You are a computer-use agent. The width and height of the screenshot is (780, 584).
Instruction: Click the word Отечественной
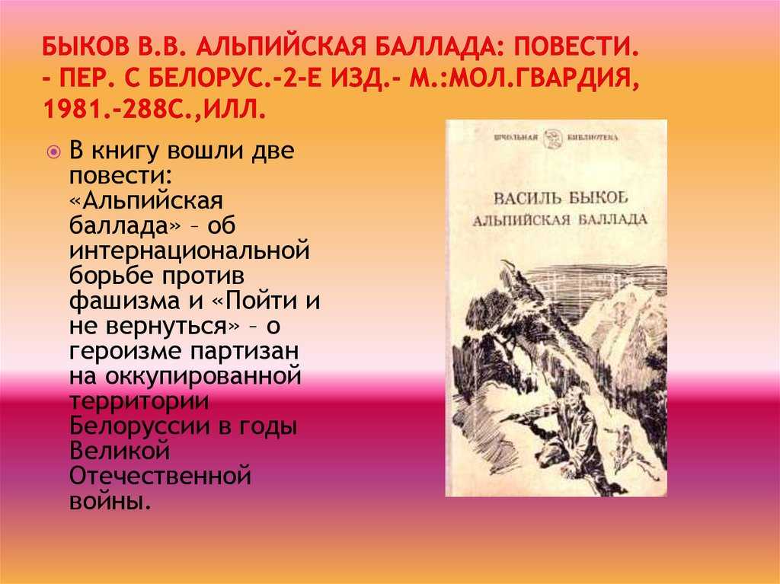coord(160,477)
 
